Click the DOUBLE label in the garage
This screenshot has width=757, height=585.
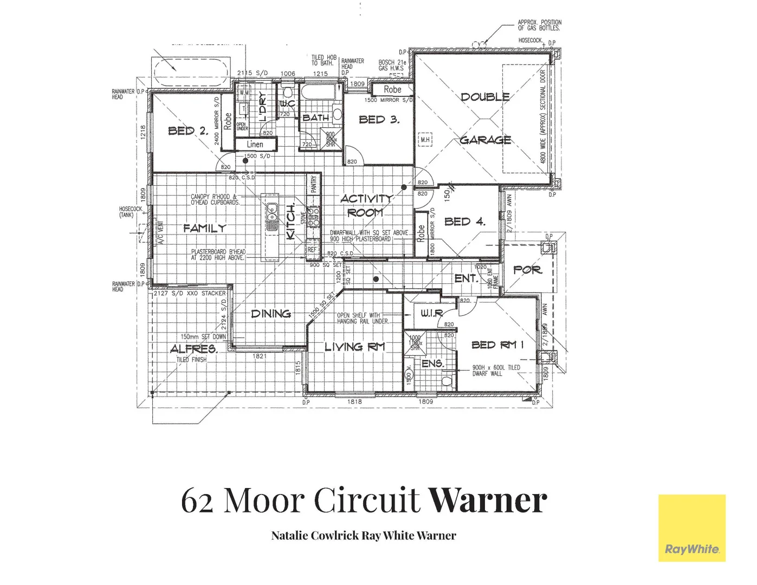click(x=485, y=97)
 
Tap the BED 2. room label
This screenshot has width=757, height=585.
click(x=187, y=131)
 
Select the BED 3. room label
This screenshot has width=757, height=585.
click(x=379, y=120)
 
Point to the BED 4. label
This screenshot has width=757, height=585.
click(x=464, y=222)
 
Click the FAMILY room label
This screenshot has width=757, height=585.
click(x=204, y=228)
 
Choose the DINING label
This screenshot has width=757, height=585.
click(x=271, y=314)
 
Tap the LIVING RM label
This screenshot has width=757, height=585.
click(x=354, y=347)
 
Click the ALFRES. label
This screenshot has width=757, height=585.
click(x=194, y=349)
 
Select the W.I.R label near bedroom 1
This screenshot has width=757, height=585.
click(x=432, y=313)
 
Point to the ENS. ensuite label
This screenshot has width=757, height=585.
click(x=432, y=363)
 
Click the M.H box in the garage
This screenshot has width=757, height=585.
click(x=425, y=140)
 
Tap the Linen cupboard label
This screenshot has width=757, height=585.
click(x=255, y=145)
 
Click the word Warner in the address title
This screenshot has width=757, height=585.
click(x=488, y=500)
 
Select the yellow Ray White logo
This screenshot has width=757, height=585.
click(x=691, y=528)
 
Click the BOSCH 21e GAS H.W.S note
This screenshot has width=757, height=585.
click(x=392, y=65)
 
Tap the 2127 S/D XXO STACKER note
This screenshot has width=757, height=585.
click(x=189, y=293)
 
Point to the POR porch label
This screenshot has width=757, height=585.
click(x=527, y=269)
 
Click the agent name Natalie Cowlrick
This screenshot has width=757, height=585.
click(x=315, y=536)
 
